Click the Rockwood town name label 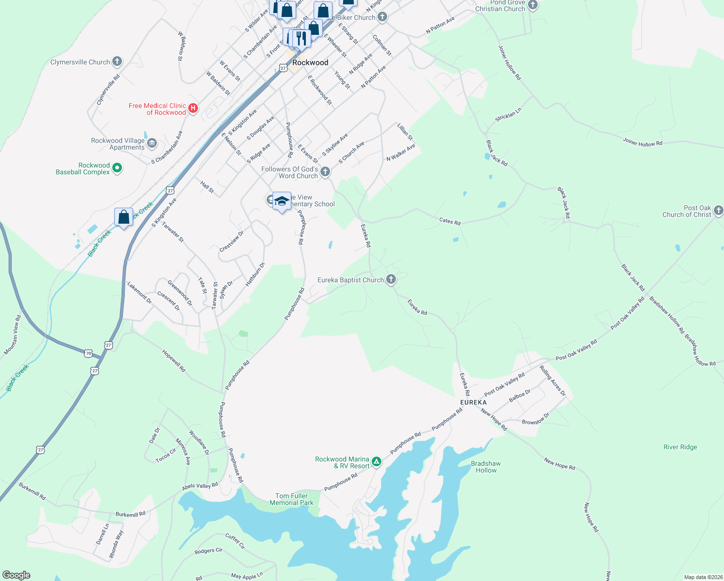click(x=310, y=62)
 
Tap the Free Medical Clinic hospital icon click(x=193, y=108)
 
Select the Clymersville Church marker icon click(x=117, y=61)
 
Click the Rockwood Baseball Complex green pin click(x=117, y=168)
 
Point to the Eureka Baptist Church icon click(x=391, y=280)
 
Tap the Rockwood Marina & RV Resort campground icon click(x=377, y=462)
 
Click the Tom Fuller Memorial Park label click(x=291, y=499)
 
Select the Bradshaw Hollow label click(x=486, y=467)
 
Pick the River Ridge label click(x=680, y=447)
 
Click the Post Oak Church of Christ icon click(x=719, y=210)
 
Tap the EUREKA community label click(x=473, y=402)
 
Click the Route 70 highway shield click(x=88, y=353)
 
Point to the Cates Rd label click(x=450, y=221)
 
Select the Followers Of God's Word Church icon click(x=325, y=171)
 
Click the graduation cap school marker click(x=282, y=201)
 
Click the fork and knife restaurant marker click(x=301, y=38)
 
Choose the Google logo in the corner click(x=16, y=575)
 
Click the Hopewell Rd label click(x=174, y=361)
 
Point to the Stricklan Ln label click(x=508, y=115)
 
